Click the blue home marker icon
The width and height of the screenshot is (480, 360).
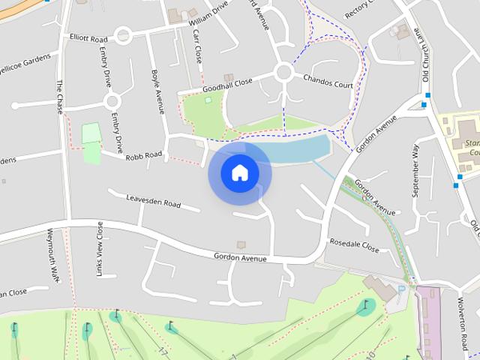pos(239,173)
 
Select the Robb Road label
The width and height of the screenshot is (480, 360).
pos(143,154)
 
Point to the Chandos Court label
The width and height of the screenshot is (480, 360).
pos(328,82)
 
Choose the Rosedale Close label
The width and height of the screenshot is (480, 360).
pos(354,244)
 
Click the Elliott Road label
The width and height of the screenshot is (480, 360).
pos(88,37)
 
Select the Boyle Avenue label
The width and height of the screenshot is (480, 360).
pos(157,92)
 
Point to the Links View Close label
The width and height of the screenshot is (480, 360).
pos(100,250)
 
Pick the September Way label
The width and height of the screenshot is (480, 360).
pos(415,171)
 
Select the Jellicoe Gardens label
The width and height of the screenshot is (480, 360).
pos(27,58)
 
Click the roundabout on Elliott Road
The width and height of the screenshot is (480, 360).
pos(123,34)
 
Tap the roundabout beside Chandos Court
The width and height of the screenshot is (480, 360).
pos(283,72)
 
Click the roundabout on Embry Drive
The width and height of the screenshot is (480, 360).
pos(112,100)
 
